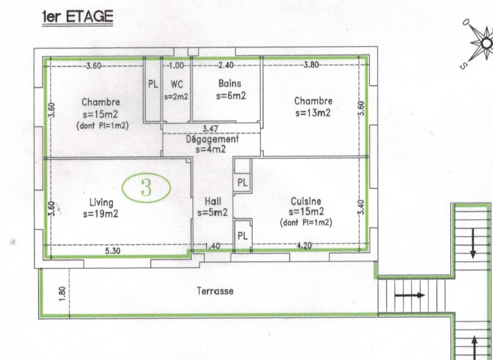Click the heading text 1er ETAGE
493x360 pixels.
[77, 17]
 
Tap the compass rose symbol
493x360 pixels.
[485, 43]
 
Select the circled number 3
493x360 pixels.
[146, 188]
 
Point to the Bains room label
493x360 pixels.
[229, 84]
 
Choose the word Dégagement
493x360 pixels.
[212, 139]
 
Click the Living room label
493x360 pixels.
[100, 203]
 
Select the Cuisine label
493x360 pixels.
[306, 201]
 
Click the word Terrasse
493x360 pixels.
[214, 291]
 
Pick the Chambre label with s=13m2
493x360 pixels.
[313, 101]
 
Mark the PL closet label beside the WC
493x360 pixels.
[153, 84]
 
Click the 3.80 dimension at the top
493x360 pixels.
[311, 65]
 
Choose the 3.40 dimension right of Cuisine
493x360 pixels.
[361, 207]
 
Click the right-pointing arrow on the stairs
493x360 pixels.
[412, 295]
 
